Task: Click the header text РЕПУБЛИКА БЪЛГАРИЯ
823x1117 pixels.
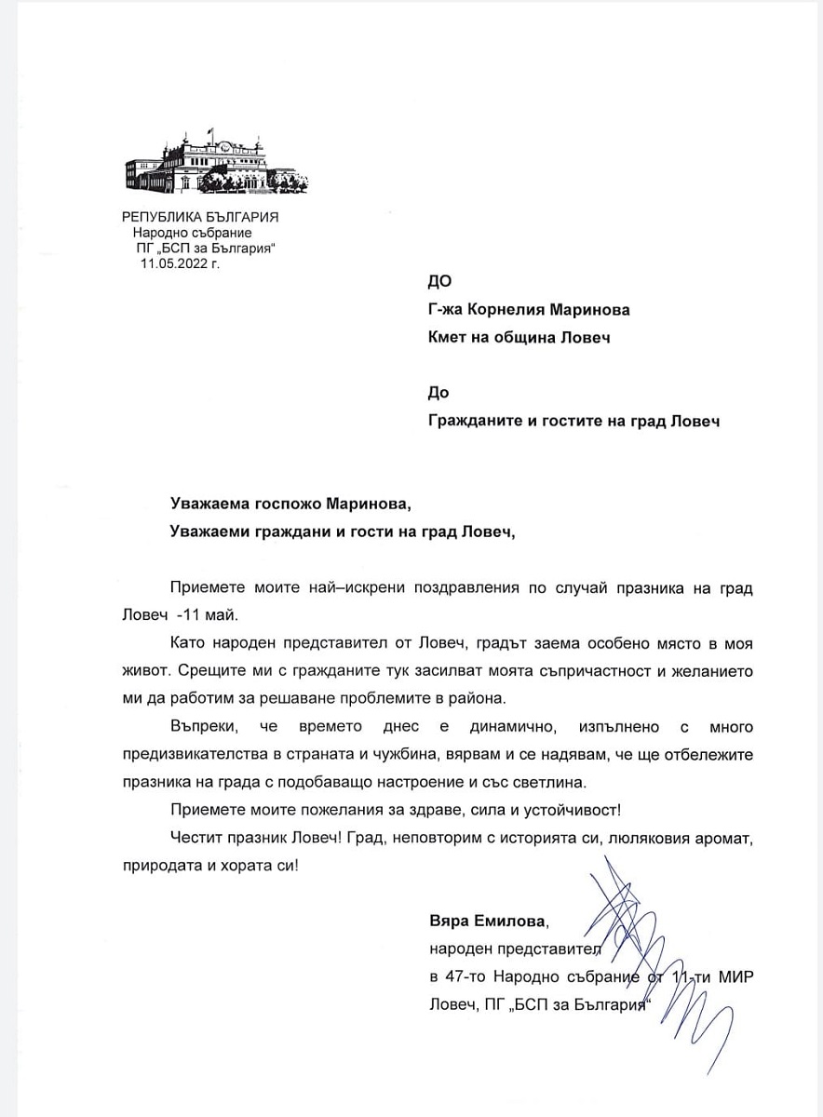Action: [x=201, y=217]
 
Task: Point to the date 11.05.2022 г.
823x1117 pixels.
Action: [x=180, y=263]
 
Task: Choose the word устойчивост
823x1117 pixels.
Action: [x=530, y=809]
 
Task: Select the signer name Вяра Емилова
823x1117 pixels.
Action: [x=488, y=922]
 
